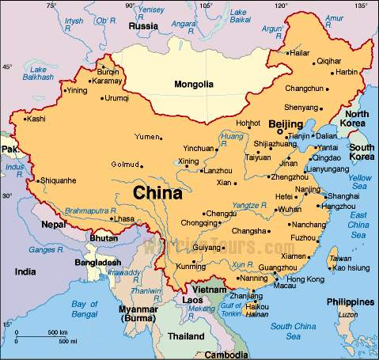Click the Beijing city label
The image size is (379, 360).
[286, 124]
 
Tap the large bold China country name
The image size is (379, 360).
[157, 192]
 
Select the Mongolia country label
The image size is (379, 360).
[194, 85]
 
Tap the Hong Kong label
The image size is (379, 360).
[305, 279]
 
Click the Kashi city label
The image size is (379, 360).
[36, 119]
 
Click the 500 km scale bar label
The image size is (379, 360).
[56, 331]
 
